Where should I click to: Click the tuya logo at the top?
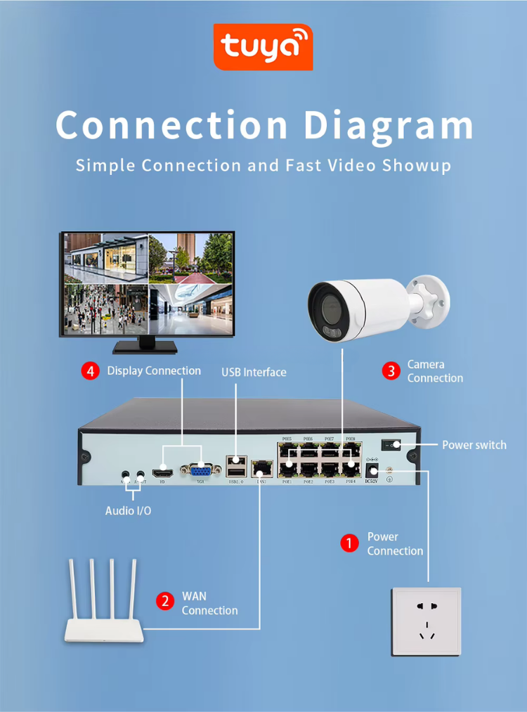pyautogui.click(x=263, y=46)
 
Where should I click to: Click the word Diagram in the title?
pyautogui.click(x=388, y=125)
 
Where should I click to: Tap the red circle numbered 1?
pyautogui.click(x=349, y=543)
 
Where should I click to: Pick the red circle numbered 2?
pyautogui.click(x=165, y=602)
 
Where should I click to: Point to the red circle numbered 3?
pyautogui.click(x=391, y=370)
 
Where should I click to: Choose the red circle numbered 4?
pyautogui.click(x=91, y=370)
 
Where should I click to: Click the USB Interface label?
pyautogui.click(x=254, y=372)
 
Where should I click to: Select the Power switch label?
pyautogui.click(x=474, y=445)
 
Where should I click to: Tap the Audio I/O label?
pyautogui.click(x=128, y=510)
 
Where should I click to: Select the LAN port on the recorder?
pyautogui.click(x=261, y=467)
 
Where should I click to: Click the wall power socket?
pyautogui.click(x=426, y=621)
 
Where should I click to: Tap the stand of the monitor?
pyautogui.click(x=145, y=345)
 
